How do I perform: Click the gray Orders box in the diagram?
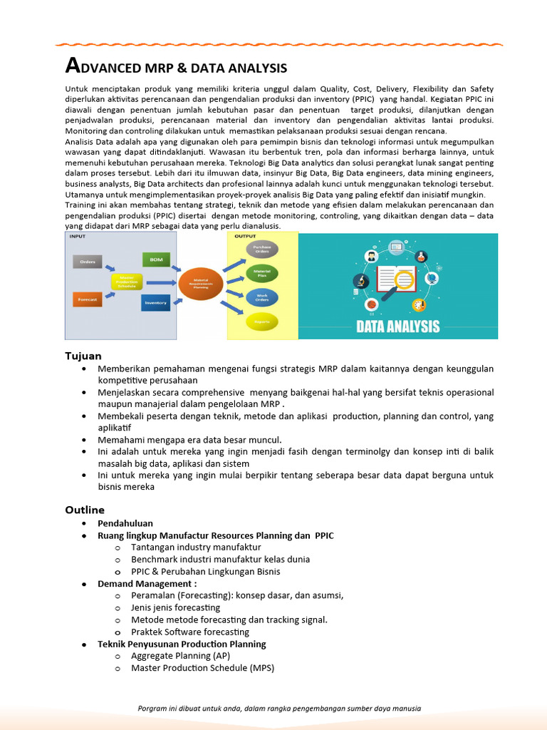pos(88,262)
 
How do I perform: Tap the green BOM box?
pos(155,259)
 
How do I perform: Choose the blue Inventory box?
pos(155,303)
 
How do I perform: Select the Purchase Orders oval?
pos(262,250)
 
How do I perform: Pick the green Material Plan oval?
pos(262,273)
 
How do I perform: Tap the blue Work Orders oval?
pos(262,297)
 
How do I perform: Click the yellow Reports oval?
pos(262,322)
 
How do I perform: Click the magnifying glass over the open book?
pos(405,277)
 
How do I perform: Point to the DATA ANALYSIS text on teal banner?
pos(398,327)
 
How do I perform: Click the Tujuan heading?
pos(83,356)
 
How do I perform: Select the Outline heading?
pos(85,510)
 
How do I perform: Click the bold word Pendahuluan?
pos(125,523)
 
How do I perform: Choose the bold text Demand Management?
pos(147,584)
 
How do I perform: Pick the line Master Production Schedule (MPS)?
pos(202,668)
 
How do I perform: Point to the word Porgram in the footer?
pos(155,709)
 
